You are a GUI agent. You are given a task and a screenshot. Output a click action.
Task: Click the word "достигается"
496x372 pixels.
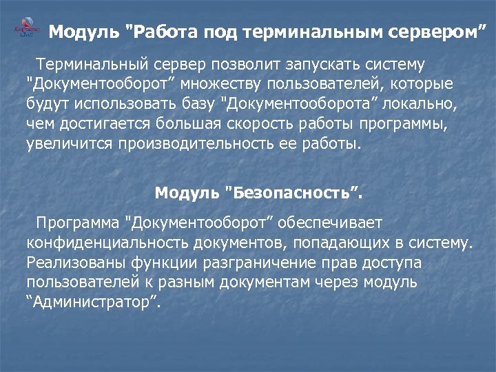click(x=100, y=125)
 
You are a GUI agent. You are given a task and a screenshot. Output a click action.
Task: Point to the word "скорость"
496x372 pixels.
click(x=256, y=125)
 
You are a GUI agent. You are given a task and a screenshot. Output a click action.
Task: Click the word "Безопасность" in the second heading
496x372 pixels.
click(x=293, y=193)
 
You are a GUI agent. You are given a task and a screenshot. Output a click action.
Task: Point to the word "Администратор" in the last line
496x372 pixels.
click(x=94, y=302)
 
